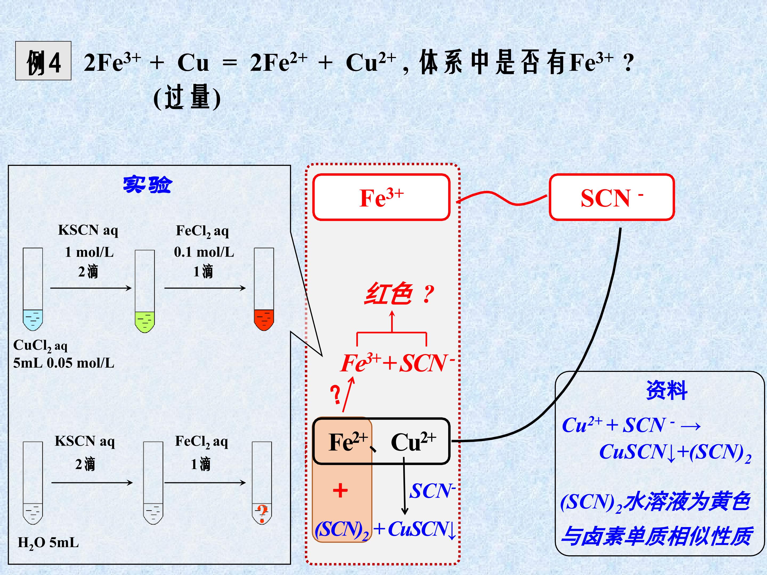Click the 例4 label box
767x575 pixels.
tap(43, 61)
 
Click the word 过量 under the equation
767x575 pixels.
tap(187, 97)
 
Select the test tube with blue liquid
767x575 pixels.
tap(33, 289)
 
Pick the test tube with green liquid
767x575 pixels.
tap(145, 291)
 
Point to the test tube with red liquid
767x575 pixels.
tap(264, 289)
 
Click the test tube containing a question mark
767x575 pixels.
tap(262, 483)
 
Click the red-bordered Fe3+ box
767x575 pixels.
tap(381, 197)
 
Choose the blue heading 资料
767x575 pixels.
tap(666, 390)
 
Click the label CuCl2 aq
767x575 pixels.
tap(40, 346)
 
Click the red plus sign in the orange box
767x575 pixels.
tap(340, 490)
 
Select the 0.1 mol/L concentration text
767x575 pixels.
tap(204, 252)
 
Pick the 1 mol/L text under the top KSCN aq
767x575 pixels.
tap(89, 252)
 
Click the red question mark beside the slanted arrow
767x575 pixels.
tap(335, 395)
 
